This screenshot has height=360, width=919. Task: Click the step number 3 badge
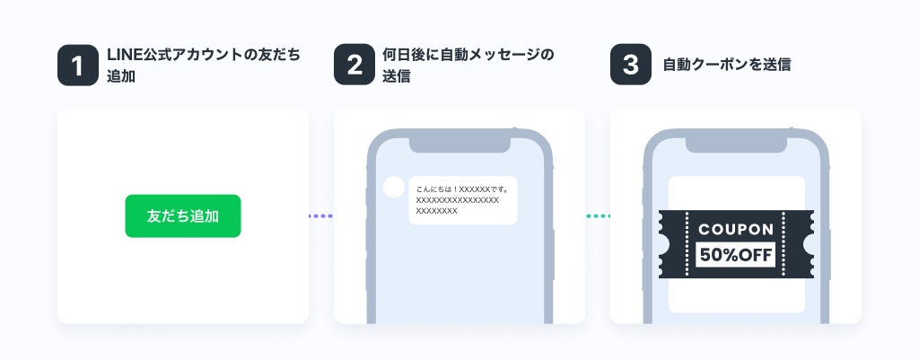click(630, 66)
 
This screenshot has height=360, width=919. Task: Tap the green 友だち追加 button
click(183, 216)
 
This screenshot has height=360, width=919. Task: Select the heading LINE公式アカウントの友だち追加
click(203, 66)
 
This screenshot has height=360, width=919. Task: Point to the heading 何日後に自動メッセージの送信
click(475, 66)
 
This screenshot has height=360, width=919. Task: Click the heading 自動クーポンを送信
click(726, 66)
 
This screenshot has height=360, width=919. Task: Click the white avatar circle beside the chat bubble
click(393, 188)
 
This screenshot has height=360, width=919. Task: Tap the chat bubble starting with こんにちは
click(462, 200)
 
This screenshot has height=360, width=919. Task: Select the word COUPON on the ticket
click(736, 230)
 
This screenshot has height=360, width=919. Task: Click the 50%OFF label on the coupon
click(736, 255)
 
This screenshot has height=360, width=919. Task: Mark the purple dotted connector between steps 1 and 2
click(320, 216)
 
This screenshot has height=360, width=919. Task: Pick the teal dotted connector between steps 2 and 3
click(598, 216)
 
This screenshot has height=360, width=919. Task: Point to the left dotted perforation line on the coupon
click(687, 244)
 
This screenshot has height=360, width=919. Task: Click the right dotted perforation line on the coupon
click(784, 244)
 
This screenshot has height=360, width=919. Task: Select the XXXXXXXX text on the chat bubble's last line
click(437, 211)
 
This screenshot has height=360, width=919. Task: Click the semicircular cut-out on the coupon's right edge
click(810, 244)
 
